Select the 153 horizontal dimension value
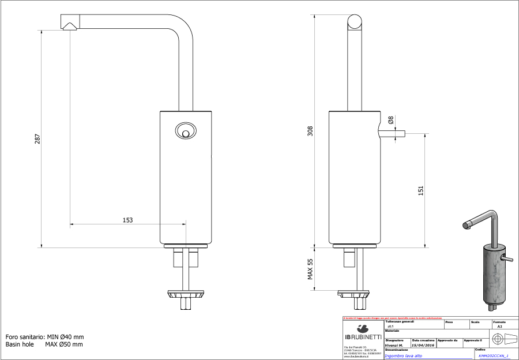pyautogui.click(x=127, y=220)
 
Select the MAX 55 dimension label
pyautogui.click(x=310, y=269)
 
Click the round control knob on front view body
pyautogui.click(x=185, y=131)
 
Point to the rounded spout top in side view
pyautogui.click(x=355, y=23)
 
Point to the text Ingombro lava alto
pyautogui.click(x=404, y=356)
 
